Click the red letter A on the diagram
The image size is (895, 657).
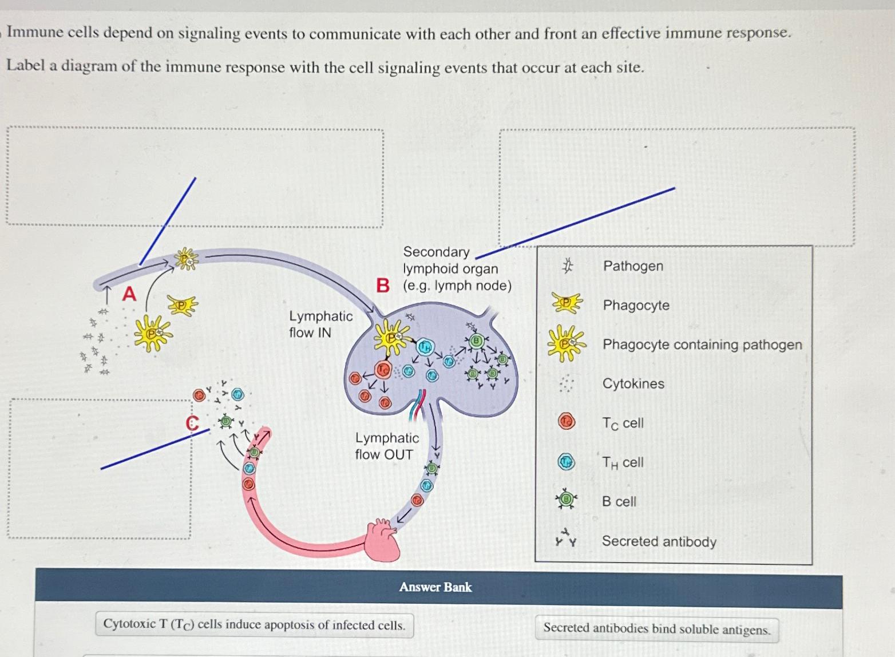click(x=130, y=294)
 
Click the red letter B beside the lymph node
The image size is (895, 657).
click(x=382, y=285)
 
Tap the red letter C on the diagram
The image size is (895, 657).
click(x=192, y=424)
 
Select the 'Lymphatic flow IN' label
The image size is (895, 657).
click(x=320, y=324)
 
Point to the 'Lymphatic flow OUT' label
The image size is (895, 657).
click(x=386, y=446)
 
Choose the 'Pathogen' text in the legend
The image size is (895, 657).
click(x=633, y=266)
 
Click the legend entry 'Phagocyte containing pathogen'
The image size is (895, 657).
click(x=702, y=345)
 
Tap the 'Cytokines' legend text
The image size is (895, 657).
click(x=633, y=383)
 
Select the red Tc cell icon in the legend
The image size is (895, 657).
click(x=566, y=422)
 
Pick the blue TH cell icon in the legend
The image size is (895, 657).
click(x=566, y=461)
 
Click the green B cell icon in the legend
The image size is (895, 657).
click(x=566, y=500)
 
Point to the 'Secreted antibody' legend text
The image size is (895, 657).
click(x=659, y=541)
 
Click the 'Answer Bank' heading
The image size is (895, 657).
click(x=435, y=587)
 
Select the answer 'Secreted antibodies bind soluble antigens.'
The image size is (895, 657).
click(x=656, y=629)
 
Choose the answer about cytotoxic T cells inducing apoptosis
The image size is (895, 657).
click(x=254, y=624)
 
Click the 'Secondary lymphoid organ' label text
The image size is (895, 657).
click(x=450, y=260)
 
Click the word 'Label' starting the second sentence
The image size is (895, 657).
click(x=25, y=66)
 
